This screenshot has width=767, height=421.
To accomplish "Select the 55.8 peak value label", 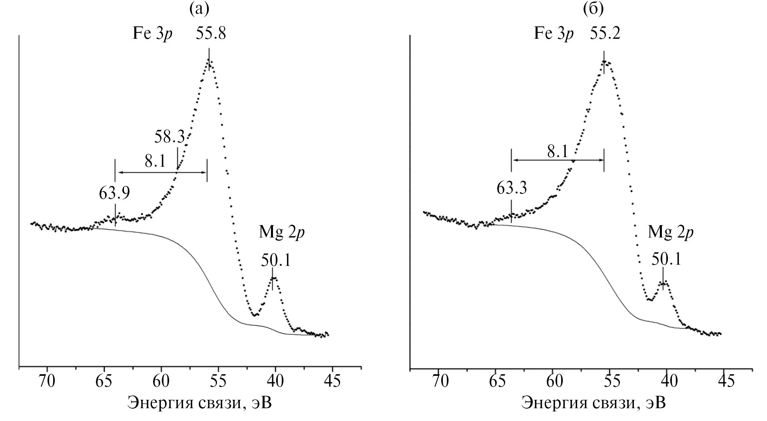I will [x=211, y=34].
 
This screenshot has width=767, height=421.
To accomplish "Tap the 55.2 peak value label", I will [x=605, y=34].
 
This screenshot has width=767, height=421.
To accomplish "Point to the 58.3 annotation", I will [x=169, y=137].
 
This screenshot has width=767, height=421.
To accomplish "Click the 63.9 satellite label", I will [x=114, y=193].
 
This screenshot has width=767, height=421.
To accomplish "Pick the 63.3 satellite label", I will [x=512, y=187].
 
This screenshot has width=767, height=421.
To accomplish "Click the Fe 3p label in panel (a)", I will [x=153, y=34].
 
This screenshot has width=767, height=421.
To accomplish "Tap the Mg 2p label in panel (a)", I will [x=282, y=233].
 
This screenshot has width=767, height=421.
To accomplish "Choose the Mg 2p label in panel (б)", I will [x=670, y=233].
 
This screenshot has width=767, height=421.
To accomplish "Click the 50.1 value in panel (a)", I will [x=276, y=260].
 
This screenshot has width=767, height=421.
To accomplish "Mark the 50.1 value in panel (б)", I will [x=666, y=260].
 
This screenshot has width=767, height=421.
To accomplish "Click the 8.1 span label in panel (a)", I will [x=155, y=162].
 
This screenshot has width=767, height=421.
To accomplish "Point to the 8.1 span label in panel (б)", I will [x=557, y=151].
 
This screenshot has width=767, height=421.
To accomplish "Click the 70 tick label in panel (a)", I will [x=47, y=381].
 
